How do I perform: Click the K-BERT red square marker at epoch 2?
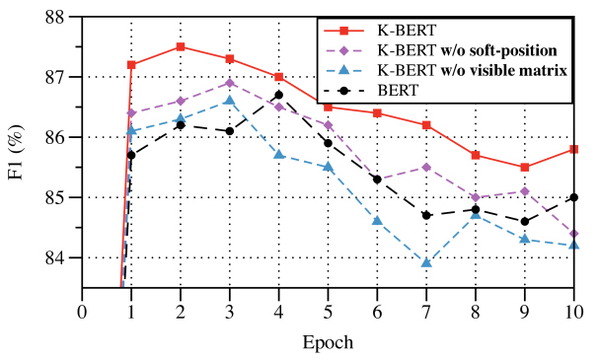pos(181,46)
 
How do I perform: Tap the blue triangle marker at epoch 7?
pos(426,263)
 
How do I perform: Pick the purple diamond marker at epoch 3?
pos(230,83)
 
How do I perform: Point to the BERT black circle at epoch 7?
pos(426,215)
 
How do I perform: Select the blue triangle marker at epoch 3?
pos(230,101)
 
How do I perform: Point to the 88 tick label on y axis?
pos(55,17)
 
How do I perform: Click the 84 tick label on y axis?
pos(55,258)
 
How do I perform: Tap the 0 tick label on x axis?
pos(82,310)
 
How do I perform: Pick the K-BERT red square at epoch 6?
pos(377,113)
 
